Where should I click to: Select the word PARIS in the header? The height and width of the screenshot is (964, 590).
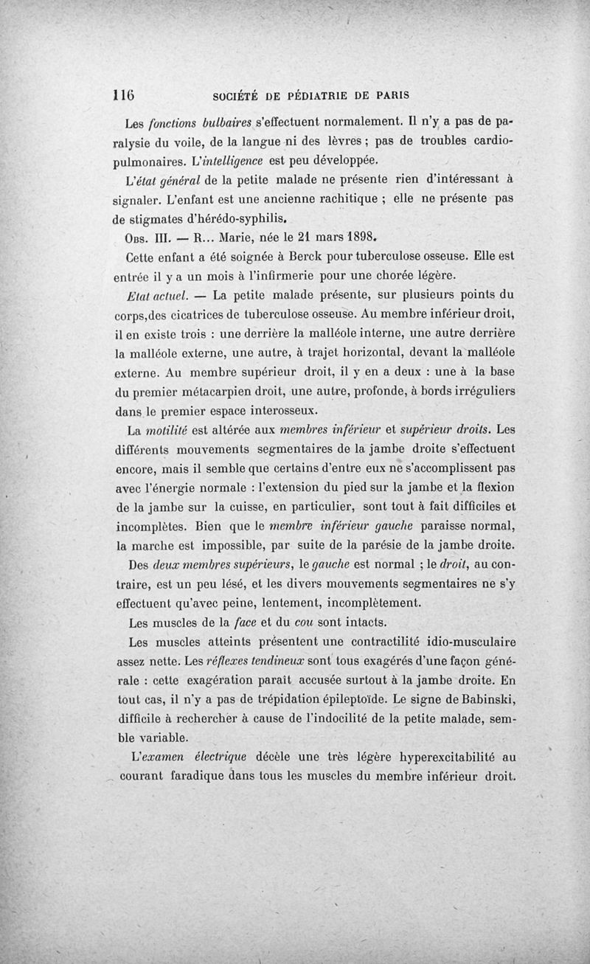393,94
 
